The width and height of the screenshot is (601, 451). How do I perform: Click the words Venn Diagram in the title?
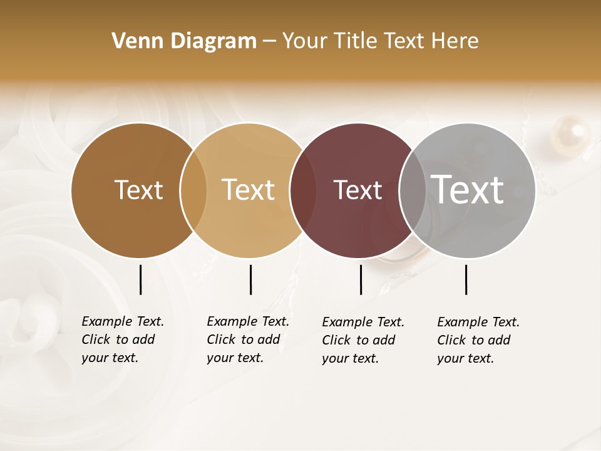pyautogui.click(x=184, y=41)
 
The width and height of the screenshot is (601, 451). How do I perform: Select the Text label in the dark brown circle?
pyautogui.click(x=138, y=190)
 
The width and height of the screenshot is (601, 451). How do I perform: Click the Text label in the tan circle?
pyautogui.click(x=249, y=190)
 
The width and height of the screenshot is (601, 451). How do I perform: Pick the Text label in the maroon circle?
pyautogui.click(x=357, y=190)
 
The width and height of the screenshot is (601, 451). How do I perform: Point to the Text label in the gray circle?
pyautogui.click(x=468, y=189)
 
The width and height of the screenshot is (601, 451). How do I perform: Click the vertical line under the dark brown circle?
pyautogui.click(x=140, y=279)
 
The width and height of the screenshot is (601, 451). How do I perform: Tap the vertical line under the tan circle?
pyautogui.click(x=250, y=279)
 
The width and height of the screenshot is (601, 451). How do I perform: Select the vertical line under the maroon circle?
pyautogui.click(x=361, y=279)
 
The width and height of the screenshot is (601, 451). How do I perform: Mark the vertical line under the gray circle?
pyautogui.click(x=466, y=279)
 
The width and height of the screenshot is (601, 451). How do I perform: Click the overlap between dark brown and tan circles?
pyautogui.click(x=193, y=190)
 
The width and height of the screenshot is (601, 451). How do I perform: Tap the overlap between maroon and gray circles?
pyautogui.click(x=413, y=190)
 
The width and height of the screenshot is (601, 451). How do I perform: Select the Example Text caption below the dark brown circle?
pyautogui.click(x=123, y=340)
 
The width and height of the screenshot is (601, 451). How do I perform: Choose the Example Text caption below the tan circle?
pyautogui.click(x=248, y=340)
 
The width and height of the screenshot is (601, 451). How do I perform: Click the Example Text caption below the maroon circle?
pyautogui.click(x=363, y=340)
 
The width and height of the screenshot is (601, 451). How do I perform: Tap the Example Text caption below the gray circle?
pyautogui.click(x=478, y=340)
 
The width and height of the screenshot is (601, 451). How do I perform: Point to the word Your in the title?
pyautogui.click(x=306, y=41)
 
